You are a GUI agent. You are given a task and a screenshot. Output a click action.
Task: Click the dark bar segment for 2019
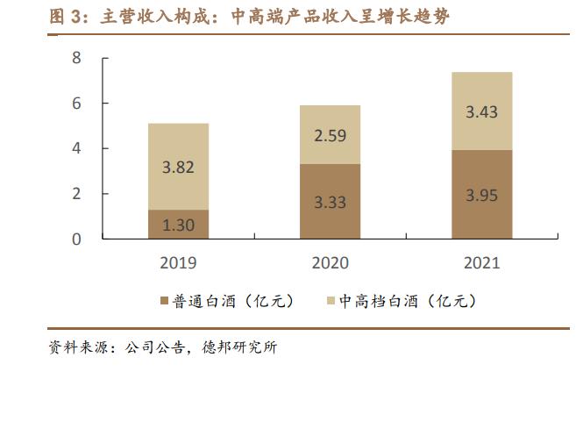(x=179, y=224)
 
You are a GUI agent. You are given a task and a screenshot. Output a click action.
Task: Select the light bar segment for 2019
(x=179, y=166)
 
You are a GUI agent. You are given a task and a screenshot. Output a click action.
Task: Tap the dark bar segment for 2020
(x=331, y=201)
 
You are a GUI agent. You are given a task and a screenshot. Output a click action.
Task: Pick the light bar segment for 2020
(x=331, y=134)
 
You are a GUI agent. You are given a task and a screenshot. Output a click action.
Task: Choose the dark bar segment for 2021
(x=481, y=194)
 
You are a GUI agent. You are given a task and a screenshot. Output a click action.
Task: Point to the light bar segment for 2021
(x=481, y=111)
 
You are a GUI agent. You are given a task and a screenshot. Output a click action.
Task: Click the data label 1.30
(x=179, y=225)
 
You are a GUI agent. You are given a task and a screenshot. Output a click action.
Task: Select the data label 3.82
(x=179, y=168)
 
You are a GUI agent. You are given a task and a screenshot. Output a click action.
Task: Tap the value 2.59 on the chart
(x=331, y=136)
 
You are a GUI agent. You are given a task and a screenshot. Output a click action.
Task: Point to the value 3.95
(x=481, y=195)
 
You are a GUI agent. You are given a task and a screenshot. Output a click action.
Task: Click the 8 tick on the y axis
(x=76, y=58)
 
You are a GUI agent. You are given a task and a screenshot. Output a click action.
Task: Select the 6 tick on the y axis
(x=76, y=104)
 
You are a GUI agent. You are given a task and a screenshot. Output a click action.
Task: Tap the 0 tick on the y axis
(x=76, y=239)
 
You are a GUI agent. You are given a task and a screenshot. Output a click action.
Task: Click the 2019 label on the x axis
(x=179, y=262)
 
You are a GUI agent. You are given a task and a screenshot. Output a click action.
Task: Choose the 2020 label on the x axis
(x=331, y=262)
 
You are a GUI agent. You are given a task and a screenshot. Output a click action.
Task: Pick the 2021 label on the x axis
(x=481, y=262)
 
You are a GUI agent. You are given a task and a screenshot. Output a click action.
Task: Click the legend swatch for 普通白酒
(x=164, y=301)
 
